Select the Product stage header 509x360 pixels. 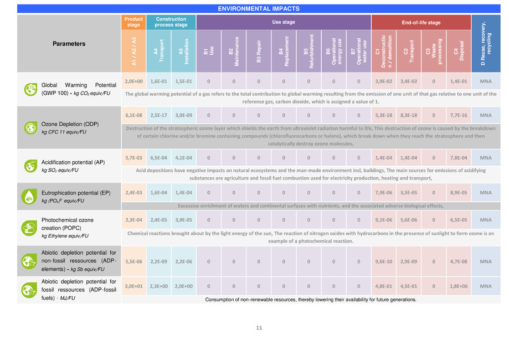click(135, 22)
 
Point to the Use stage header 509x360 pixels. click(284, 22)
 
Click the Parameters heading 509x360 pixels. click(69, 43)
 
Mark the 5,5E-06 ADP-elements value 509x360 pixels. click(135, 261)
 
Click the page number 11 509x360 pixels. click(259, 328)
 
